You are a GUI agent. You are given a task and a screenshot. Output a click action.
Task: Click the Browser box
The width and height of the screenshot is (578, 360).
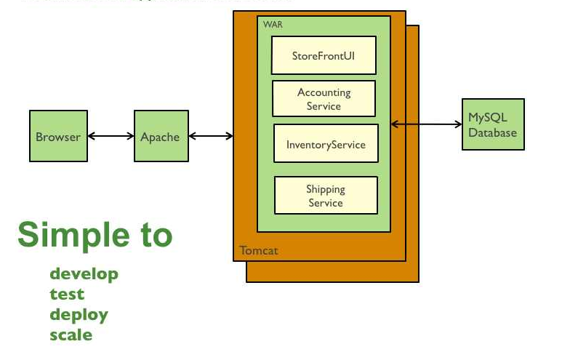click(58, 136)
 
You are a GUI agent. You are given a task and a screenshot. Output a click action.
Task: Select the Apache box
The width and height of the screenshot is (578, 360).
click(161, 136)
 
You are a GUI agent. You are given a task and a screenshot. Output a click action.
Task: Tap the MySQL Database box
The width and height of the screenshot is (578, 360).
click(493, 124)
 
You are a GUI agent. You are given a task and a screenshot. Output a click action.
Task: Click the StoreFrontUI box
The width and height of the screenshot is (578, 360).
click(324, 55)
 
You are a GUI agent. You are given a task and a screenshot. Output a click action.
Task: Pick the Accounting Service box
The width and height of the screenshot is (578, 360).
click(324, 99)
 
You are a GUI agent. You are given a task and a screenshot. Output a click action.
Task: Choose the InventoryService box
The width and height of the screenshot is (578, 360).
click(326, 143)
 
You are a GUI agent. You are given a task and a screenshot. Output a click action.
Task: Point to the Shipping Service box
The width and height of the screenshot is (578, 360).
click(326, 196)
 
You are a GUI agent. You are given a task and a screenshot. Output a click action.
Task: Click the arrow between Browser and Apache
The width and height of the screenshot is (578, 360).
click(111, 136)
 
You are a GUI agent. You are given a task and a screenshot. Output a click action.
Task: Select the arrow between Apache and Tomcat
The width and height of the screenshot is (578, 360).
click(211, 136)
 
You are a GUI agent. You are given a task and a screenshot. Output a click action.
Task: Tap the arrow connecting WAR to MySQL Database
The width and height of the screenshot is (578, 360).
click(426, 124)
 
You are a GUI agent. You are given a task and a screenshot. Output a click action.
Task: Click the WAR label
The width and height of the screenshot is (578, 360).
click(273, 24)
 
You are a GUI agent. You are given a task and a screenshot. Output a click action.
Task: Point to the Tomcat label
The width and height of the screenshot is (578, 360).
click(258, 251)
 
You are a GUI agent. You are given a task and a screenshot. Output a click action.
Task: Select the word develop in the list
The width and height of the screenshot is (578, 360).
click(84, 274)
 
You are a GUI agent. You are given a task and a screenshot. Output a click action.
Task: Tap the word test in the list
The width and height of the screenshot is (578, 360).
click(67, 295)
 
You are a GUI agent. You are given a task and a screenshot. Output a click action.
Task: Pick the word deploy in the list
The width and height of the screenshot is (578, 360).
click(79, 315)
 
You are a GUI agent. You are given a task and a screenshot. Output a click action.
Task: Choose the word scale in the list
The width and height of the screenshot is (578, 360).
click(71, 335)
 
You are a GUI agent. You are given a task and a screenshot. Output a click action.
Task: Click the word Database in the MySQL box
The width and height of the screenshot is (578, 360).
click(492, 132)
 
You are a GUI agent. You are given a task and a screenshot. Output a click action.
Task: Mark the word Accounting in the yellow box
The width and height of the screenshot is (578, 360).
click(324, 92)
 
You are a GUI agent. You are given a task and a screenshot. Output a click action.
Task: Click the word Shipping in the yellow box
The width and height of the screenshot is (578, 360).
click(325, 189)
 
